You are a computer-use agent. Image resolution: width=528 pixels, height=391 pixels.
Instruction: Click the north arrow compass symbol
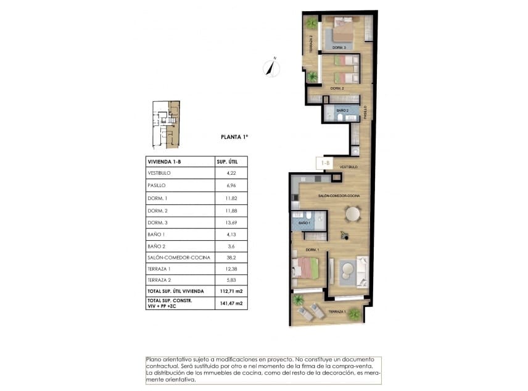tap(270, 67)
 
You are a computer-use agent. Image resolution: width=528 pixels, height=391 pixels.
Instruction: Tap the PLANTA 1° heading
tap(234, 138)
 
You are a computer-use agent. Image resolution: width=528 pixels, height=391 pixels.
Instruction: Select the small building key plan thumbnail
tap(166, 124)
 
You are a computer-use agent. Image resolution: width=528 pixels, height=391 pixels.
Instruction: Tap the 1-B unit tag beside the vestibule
tap(324, 163)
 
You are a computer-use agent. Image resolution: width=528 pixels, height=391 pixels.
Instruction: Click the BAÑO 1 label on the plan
tap(304, 222)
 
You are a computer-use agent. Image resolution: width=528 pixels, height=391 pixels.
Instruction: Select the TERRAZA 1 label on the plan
tap(337, 311)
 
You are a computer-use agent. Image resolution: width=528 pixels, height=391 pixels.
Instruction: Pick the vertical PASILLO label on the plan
tap(365, 112)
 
